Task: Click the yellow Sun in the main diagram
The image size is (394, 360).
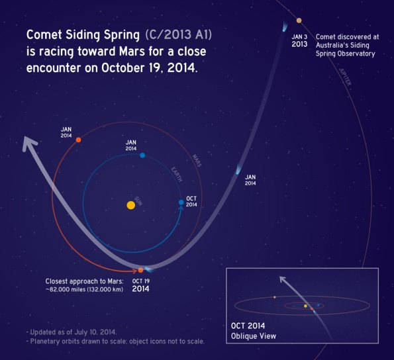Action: click(131, 205)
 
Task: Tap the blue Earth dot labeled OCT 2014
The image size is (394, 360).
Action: click(181, 202)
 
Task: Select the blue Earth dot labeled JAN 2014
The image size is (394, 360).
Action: click(142, 156)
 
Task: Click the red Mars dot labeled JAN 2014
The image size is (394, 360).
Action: click(78, 140)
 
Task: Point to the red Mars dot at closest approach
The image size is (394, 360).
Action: click(140, 270)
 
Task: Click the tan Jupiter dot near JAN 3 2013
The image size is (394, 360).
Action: click(299, 21)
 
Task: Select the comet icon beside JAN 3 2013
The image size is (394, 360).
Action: click(285, 27)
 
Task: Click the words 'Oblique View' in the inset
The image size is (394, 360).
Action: click(254, 336)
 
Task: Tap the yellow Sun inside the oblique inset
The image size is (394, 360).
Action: click(305, 306)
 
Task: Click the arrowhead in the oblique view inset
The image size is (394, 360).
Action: click(281, 279)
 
